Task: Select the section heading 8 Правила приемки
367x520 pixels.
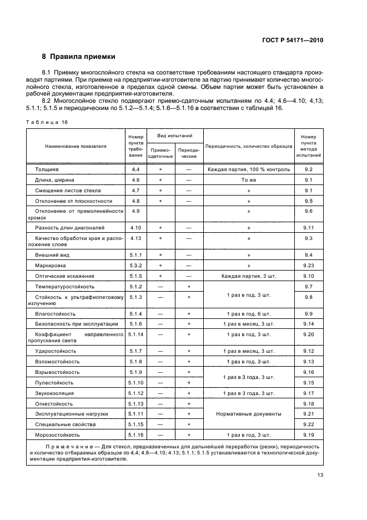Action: click(x=79, y=57)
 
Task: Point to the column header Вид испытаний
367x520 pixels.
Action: click(x=175, y=136)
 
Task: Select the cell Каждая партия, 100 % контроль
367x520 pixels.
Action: click(x=249, y=169)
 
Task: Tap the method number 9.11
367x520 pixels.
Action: click(x=309, y=228)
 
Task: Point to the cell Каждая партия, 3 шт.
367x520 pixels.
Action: click(x=249, y=276)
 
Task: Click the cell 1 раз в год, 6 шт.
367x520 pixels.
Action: click(x=249, y=314)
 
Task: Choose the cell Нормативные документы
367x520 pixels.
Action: click(x=249, y=414)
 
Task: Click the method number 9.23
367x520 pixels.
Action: click(x=309, y=265)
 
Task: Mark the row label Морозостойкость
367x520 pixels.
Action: click(x=57, y=435)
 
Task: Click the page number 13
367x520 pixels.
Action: click(x=320, y=475)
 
